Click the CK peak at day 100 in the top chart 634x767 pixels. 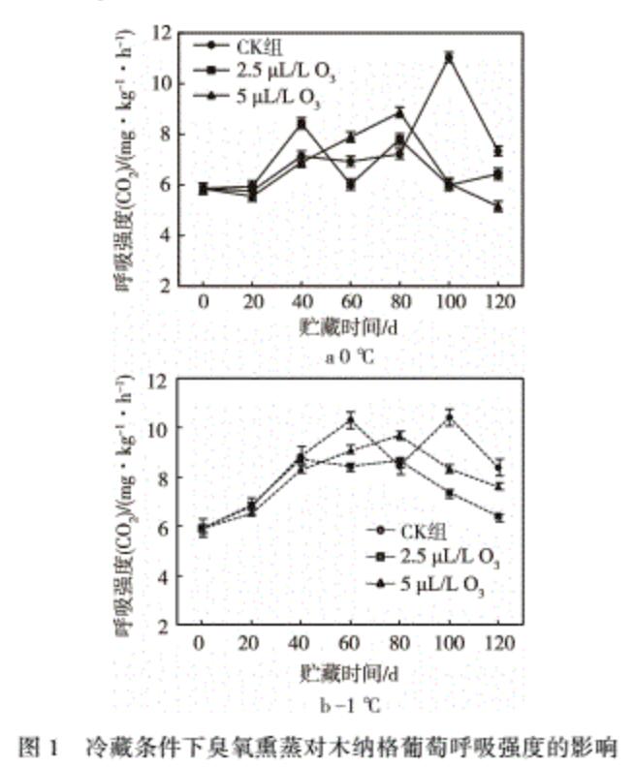tap(448, 57)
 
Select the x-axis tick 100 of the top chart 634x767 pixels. tap(448, 302)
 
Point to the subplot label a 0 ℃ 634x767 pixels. tap(349, 355)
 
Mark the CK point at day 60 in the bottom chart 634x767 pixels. tap(349, 420)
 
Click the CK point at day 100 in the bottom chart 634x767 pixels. tap(449, 418)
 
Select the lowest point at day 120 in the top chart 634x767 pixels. tap(498, 206)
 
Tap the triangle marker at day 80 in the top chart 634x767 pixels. tap(398, 112)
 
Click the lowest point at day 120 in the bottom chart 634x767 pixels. tap(498, 517)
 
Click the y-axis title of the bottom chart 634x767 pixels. tap(126, 504)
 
